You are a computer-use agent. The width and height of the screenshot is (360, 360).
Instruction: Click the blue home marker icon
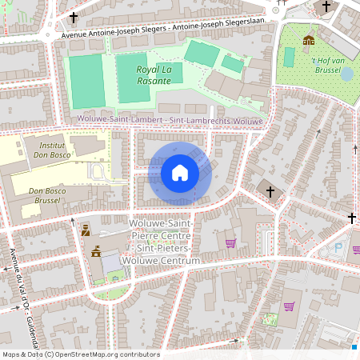pyautogui.click(x=180, y=172)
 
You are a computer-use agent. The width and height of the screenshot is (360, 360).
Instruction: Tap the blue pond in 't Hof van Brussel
pyautogui.click(x=346, y=74)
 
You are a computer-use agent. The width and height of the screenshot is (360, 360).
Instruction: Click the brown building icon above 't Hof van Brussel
pyautogui.click(x=308, y=39)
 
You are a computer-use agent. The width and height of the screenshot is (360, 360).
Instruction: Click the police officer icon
pyautogui.click(x=85, y=230)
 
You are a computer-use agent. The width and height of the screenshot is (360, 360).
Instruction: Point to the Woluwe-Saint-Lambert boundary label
pyautogui.click(x=169, y=120)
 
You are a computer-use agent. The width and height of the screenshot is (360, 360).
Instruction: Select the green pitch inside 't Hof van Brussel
pyautogui.click(x=289, y=57)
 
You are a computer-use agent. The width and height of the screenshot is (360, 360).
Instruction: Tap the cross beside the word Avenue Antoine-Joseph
pyautogui.click(x=74, y=17)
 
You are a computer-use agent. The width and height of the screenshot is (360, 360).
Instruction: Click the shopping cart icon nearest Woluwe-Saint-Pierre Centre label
pyautogui.click(x=230, y=243)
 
